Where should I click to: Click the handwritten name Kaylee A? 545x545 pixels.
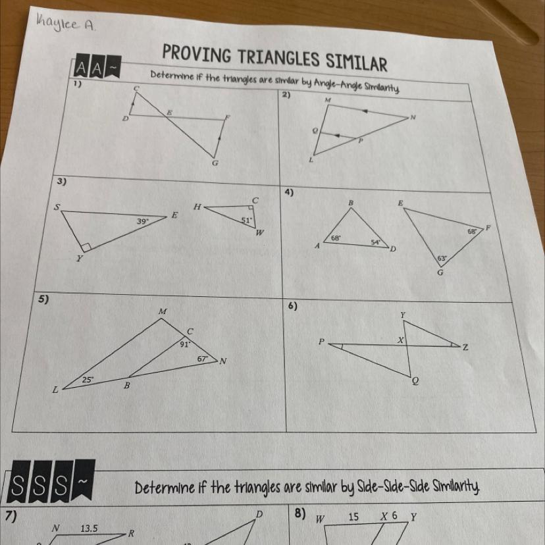pyautogui.click(x=65, y=24)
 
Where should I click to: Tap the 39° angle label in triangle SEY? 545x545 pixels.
pyautogui.click(x=142, y=221)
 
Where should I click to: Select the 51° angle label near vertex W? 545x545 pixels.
pyautogui.click(x=246, y=220)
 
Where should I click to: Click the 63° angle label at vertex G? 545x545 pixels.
pyautogui.click(x=442, y=259)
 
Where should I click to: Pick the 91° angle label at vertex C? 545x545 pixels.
pyautogui.click(x=185, y=344)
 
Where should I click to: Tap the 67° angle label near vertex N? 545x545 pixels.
pyautogui.click(x=203, y=358)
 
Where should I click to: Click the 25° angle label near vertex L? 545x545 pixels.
pyautogui.click(x=88, y=380)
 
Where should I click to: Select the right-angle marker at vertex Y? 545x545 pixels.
pyautogui.click(x=86, y=247)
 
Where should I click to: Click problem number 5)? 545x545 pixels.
pyautogui.click(x=43, y=299)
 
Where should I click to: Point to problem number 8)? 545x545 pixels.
pyautogui.click(x=300, y=513)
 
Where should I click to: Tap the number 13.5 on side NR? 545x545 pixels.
pyautogui.click(x=89, y=529)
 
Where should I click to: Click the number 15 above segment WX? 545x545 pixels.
pyautogui.click(x=353, y=517)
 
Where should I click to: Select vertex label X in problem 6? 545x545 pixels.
pyautogui.click(x=401, y=340)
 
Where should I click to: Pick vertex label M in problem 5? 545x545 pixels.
pyautogui.click(x=163, y=312)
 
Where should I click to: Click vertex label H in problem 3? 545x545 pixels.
pyautogui.click(x=197, y=207)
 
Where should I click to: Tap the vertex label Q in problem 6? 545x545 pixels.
pyautogui.click(x=415, y=381)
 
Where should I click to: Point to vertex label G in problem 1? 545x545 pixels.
pyautogui.click(x=215, y=163)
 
